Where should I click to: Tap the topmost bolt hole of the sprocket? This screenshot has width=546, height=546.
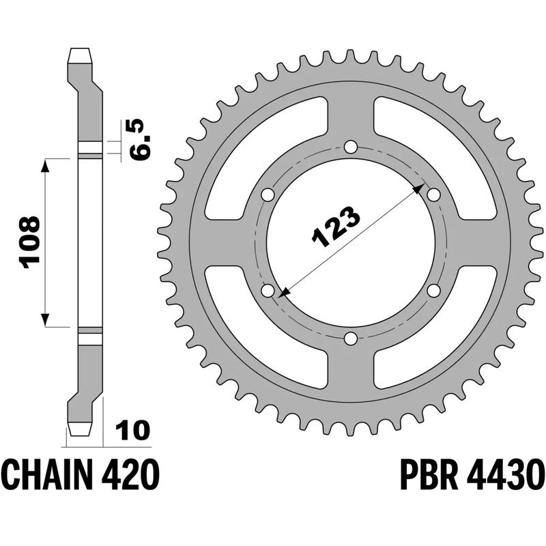tap(350, 147)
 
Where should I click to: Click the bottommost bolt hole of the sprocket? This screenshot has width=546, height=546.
tap(350, 339)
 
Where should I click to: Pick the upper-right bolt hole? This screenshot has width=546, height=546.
tap(433, 195)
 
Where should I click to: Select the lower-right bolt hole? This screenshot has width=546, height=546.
tap(433, 291)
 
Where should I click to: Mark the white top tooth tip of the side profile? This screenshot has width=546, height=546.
tap(80, 53)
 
